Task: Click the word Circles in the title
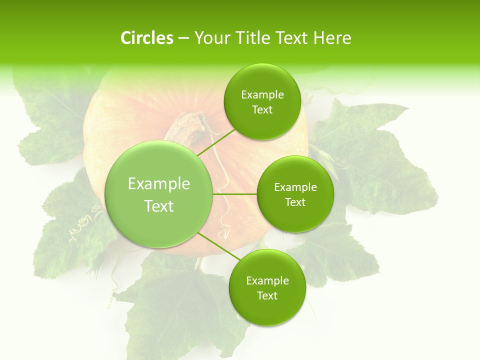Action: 146,38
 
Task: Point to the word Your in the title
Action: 211,38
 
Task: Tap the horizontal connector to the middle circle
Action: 235,194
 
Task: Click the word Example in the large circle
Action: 159,184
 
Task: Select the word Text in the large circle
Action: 159,206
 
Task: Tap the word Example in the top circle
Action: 262,95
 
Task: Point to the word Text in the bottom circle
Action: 267,295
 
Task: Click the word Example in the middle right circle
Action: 295,187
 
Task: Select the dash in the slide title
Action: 183,38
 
